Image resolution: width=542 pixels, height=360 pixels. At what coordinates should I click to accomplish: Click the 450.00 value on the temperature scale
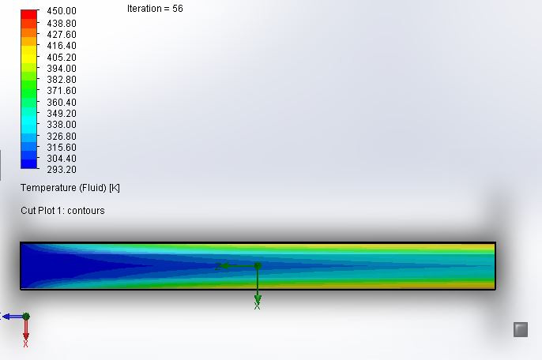(61, 12)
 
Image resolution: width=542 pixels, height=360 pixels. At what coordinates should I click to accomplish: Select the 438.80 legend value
(61, 24)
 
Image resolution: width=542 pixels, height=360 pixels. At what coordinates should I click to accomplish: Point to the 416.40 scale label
(61, 46)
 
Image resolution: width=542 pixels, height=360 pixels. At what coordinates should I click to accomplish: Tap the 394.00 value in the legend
(61, 69)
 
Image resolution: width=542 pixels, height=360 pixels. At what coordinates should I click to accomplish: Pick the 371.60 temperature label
(61, 91)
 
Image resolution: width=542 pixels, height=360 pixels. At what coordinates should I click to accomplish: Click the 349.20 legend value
(61, 114)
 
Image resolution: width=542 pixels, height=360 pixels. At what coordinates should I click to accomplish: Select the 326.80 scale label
(61, 136)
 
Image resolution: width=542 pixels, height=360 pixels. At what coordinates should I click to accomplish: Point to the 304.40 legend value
(61, 159)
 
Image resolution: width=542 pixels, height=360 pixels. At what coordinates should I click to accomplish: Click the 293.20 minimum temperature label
(61, 170)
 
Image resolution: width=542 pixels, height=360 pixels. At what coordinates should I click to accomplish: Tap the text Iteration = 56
(155, 9)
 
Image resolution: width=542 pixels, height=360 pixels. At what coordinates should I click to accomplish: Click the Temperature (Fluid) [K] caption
(70, 188)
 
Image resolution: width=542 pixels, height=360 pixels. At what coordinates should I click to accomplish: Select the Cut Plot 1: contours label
(62, 211)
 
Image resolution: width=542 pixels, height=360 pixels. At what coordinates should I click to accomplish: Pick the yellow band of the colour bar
(29, 51)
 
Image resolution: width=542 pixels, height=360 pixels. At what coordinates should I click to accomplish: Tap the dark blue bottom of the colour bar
(29, 163)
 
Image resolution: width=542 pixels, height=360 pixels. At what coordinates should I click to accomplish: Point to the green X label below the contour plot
(257, 306)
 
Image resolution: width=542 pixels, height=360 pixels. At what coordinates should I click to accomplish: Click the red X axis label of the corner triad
(26, 343)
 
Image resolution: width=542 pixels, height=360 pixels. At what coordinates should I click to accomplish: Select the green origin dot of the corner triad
(26, 317)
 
